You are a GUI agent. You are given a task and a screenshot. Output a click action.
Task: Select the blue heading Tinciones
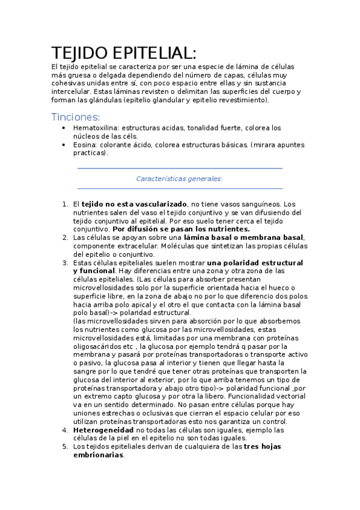75,116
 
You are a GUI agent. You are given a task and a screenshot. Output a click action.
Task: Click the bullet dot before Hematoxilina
64,128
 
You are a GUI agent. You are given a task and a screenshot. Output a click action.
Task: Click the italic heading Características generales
179,179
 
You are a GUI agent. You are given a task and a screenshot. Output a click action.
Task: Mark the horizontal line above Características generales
180,169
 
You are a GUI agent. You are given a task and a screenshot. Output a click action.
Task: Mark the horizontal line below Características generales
180,188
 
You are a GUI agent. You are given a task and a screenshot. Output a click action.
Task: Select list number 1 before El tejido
65,204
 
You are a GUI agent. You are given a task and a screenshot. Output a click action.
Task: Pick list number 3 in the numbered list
65,263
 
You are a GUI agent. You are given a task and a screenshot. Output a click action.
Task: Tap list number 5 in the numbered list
65,447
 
